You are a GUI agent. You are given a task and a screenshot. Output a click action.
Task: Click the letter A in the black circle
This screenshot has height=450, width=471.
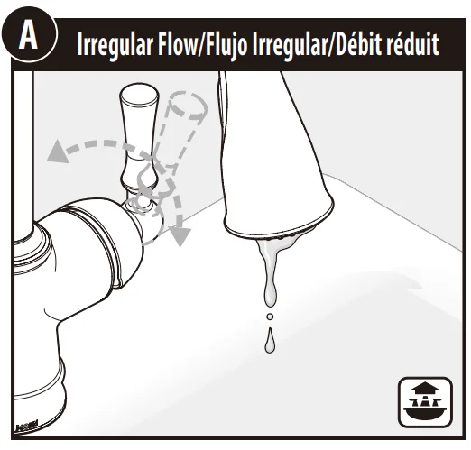(x=28, y=36)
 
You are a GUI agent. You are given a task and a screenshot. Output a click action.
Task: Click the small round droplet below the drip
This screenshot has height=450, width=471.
(x=270, y=317)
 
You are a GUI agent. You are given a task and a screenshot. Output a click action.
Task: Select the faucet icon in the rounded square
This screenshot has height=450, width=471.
(x=425, y=402)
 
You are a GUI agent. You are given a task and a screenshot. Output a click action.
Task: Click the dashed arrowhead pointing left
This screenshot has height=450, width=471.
(x=58, y=152)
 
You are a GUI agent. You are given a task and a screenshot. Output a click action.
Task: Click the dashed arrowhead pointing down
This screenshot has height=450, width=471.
(x=180, y=236)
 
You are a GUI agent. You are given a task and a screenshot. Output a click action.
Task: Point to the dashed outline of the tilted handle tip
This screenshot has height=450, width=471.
(x=189, y=106)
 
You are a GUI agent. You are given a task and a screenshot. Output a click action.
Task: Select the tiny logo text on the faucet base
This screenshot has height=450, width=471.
(x=26, y=426)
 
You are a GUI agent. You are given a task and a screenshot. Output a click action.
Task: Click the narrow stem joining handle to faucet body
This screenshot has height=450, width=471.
(x=139, y=197)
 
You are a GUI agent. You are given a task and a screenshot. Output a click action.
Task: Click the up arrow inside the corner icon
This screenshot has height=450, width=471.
(x=425, y=390)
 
